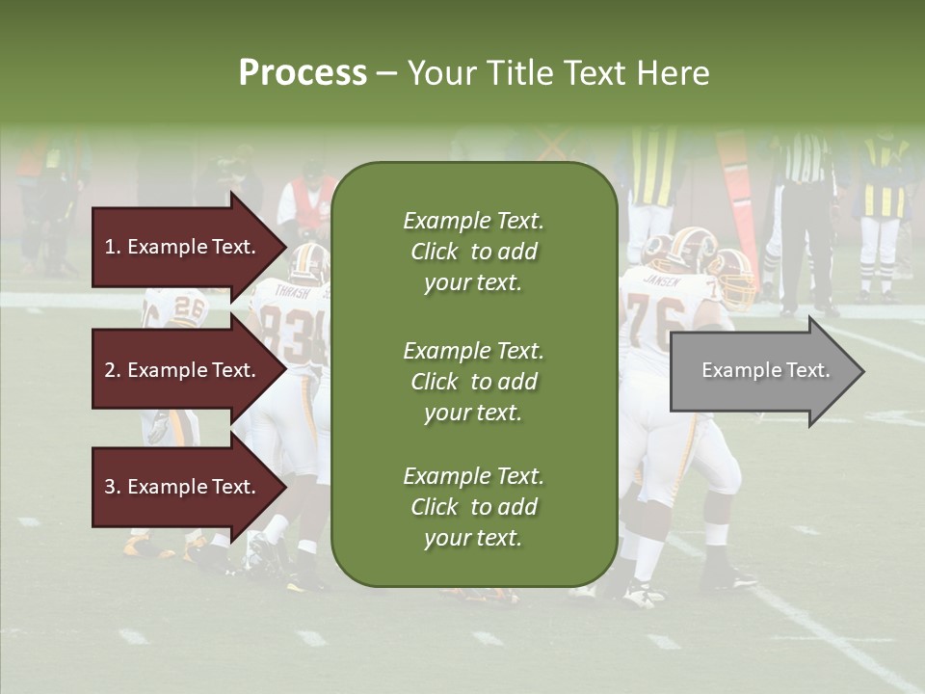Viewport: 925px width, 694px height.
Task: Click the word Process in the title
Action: click(x=303, y=73)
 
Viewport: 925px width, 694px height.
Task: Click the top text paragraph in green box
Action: click(x=473, y=252)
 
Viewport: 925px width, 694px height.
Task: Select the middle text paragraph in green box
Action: click(x=473, y=382)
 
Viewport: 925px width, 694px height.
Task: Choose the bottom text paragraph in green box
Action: click(x=473, y=507)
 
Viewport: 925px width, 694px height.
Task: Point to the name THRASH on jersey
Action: click(x=292, y=290)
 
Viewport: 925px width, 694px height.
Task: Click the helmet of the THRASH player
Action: click(x=309, y=260)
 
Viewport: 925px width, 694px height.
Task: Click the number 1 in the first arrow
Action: click(x=109, y=247)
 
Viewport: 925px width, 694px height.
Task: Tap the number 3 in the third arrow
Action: click(x=110, y=487)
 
